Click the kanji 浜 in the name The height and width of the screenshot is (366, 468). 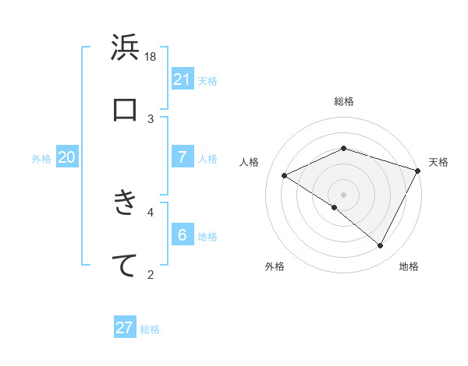pyautogui.click(x=125, y=48)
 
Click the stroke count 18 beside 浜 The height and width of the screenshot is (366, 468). pyautogui.click(x=151, y=56)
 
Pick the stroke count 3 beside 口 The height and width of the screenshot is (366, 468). pyautogui.click(x=151, y=118)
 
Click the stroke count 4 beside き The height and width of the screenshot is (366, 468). pyautogui.click(x=151, y=211)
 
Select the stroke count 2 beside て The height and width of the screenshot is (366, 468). pyautogui.click(x=151, y=273)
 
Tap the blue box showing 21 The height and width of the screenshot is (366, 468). pyautogui.click(x=183, y=79)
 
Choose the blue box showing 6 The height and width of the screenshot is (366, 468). pyautogui.click(x=183, y=234)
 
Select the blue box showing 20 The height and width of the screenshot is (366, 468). pyautogui.click(x=67, y=157)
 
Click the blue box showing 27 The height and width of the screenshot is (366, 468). pyautogui.click(x=125, y=328)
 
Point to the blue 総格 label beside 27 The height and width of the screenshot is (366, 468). pyautogui.click(x=150, y=329)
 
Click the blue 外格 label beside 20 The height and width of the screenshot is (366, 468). pyautogui.click(x=41, y=159)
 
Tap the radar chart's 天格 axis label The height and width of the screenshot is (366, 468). pyautogui.click(x=438, y=162)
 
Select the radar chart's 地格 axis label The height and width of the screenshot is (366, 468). pyautogui.click(x=409, y=267)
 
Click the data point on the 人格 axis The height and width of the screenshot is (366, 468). pyautogui.click(x=285, y=175)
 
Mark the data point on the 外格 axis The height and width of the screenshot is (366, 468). pyautogui.click(x=334, y=208)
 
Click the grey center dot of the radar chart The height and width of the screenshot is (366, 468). pyautogui.click(x=343, y=194)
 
